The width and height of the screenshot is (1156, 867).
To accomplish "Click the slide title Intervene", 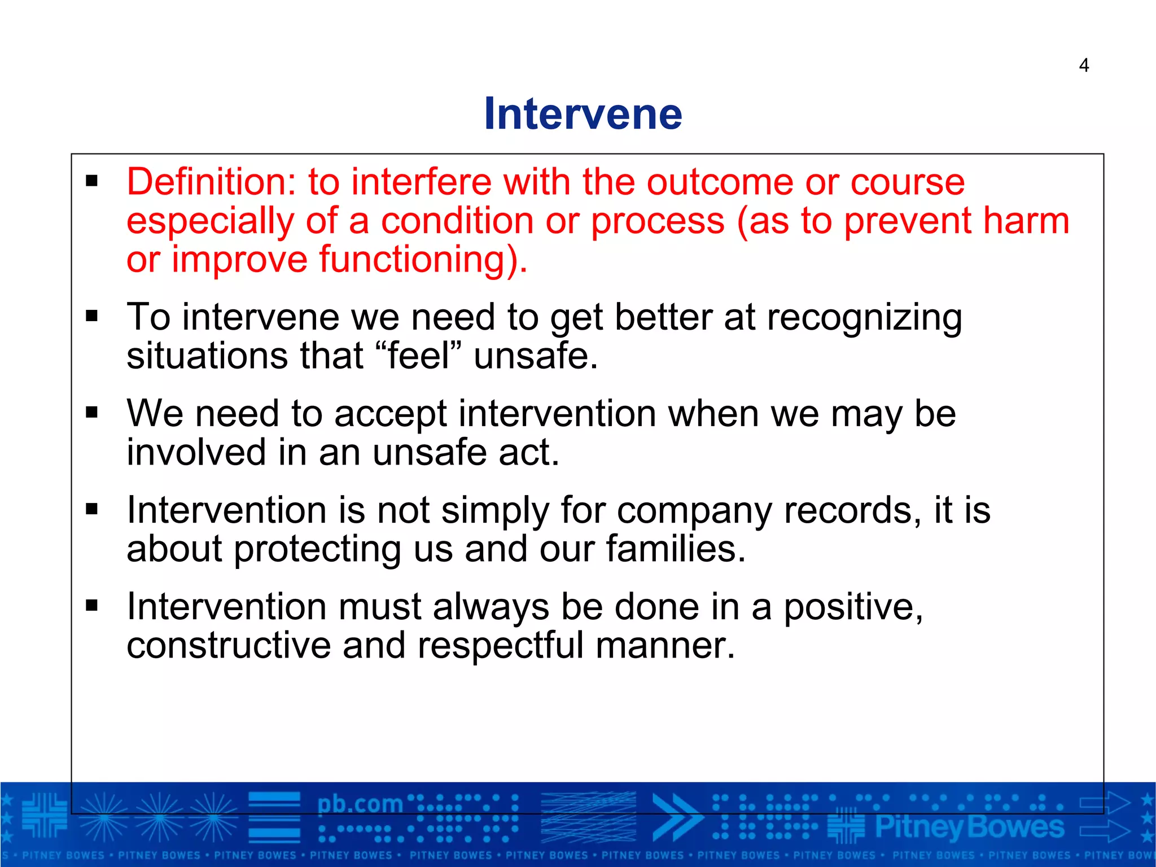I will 583,114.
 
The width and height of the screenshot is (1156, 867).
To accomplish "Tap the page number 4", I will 1083,65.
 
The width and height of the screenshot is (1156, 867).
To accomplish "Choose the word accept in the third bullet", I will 390,414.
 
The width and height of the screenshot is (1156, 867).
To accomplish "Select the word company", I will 694,511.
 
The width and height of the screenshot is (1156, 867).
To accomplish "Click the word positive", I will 853,607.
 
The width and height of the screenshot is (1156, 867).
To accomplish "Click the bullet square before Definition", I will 92,182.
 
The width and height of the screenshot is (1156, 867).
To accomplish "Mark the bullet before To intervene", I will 92,317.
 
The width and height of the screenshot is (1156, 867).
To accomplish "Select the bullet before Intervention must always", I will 92,607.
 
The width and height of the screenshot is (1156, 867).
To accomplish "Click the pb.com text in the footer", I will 360,804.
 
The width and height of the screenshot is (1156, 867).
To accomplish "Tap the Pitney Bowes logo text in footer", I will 969,827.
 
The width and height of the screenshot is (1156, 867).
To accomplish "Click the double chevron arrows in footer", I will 676,817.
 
